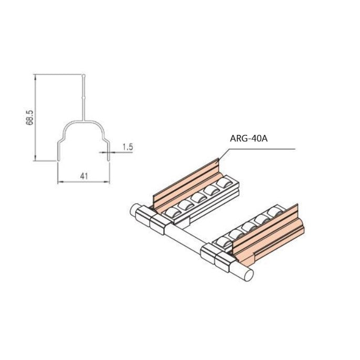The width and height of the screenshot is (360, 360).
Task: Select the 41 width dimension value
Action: click(83, 176)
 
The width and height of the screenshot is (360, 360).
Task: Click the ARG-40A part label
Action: click(249, 139)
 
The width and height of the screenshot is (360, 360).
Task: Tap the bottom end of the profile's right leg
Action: click(110, 160)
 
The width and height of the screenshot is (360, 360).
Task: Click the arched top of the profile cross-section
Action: click(84, 122)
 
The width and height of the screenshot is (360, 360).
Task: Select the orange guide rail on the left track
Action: click(186, 181)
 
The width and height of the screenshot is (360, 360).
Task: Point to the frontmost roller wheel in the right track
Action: click(221, 243)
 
